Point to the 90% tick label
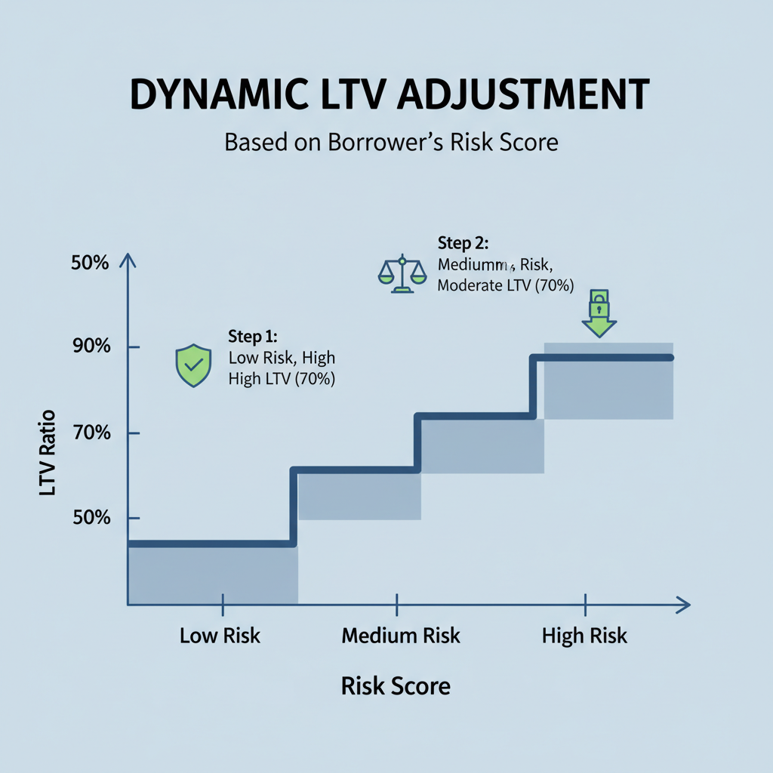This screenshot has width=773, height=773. point(91,347)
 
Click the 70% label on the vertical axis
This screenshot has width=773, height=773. point(91,433)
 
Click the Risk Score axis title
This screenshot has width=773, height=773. point(396,685)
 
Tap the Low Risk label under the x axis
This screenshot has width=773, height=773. point(220,636)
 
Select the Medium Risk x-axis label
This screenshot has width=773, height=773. point(400,636)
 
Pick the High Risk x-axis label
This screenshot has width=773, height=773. point(584,636)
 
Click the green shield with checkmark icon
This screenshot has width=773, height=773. point(192,365)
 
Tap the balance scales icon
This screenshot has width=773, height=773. point(401,274)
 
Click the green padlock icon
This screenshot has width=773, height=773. point(599,304)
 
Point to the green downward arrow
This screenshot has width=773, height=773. point(599,326)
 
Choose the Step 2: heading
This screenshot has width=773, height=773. point(463,243)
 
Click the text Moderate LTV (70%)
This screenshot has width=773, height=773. point(506,286)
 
